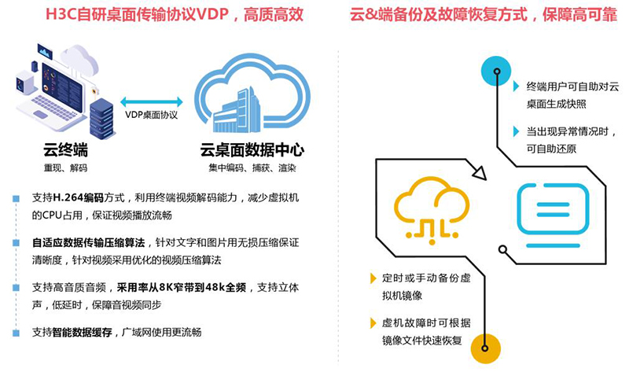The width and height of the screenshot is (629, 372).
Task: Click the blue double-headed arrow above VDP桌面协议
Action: (x=152, y=102)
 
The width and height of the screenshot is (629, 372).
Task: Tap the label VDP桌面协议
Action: (x=151, y=115)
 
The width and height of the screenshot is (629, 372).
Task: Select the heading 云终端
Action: (x=65, y=150)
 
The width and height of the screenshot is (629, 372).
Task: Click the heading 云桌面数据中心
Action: (x=252, y=150)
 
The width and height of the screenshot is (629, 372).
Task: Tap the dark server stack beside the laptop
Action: (x=101, y=119)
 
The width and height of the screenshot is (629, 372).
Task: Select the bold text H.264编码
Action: (x=78, y=197)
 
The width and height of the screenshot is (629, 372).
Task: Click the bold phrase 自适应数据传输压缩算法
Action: (x=89, y=242)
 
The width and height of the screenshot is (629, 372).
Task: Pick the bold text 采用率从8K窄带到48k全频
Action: (x=182, y=287)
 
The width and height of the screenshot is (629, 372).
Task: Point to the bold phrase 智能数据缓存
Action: (x=83, y=332)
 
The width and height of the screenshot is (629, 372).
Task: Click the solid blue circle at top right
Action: (x=496, y=71)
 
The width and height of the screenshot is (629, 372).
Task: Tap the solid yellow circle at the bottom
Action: (x=485, y=348)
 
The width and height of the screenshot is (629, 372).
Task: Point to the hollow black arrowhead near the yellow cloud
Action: (x=480, y=171)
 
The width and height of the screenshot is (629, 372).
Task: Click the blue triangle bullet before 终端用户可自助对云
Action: (x=517, y=87)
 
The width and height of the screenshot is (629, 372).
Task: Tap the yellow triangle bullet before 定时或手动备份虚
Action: (x=373, y=278)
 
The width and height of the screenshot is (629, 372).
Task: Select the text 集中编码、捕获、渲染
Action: (x=252, y=168)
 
